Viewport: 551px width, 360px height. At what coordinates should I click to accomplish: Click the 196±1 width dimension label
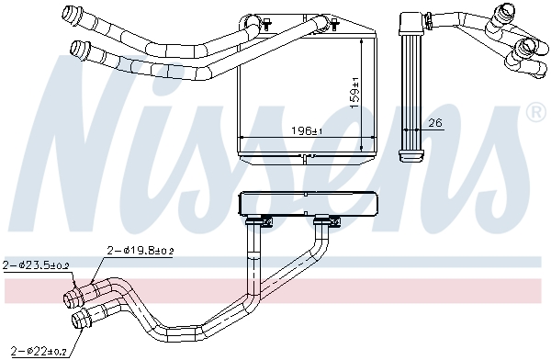tap(301, 131)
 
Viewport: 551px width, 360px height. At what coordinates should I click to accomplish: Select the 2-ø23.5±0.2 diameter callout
tap(37, 265)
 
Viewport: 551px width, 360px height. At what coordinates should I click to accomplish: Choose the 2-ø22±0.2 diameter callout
tap(35, 351)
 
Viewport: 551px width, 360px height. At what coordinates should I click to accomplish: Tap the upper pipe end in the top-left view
tap(68, 14)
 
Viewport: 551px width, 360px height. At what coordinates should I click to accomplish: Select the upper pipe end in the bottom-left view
tap(72, 297)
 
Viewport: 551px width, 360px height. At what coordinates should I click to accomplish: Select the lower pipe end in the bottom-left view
tap(81, 320)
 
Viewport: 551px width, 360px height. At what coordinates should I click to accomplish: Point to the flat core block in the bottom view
tap(308, 203)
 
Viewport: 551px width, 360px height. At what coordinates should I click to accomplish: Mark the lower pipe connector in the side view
tap(527, 51)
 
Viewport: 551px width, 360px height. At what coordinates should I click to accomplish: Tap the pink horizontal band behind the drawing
tap(275, 292)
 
